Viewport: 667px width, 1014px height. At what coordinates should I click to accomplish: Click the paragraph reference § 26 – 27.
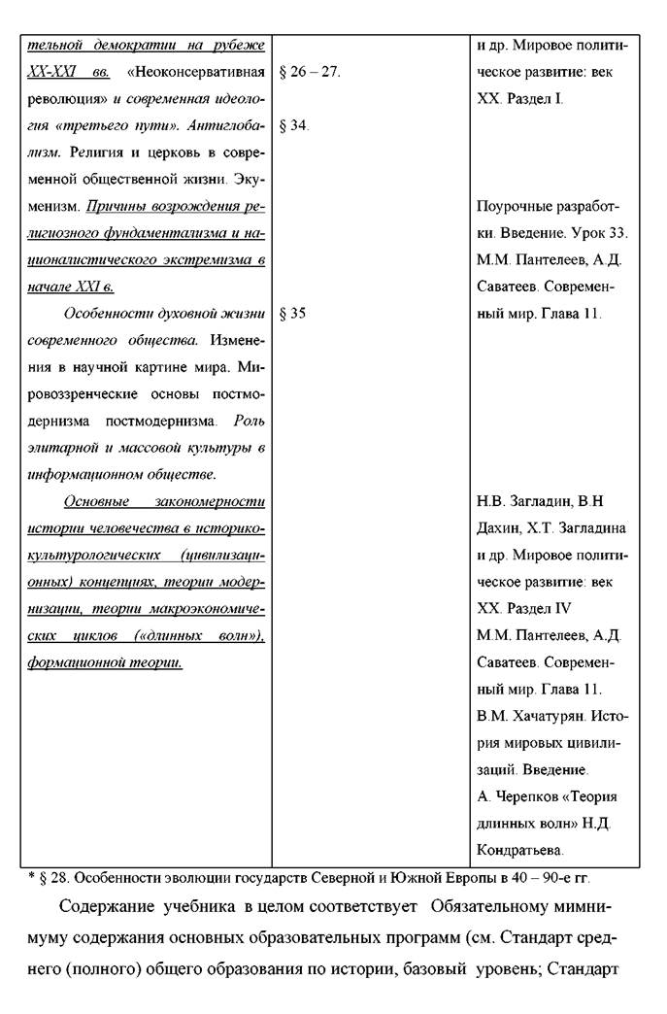pos(310,73)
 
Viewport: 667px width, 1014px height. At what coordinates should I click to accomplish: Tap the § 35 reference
pos(292,314)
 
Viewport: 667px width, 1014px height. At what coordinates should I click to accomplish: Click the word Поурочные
pos(513,207)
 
